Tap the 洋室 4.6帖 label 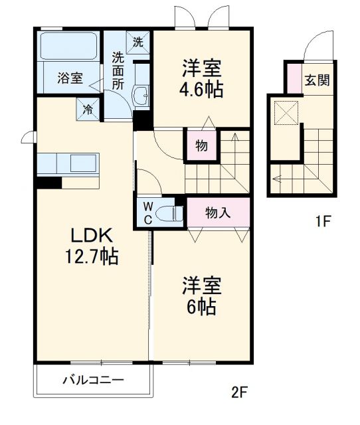(x=201, y=78)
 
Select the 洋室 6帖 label (x=202, y=297)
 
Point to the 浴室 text (x=69, y=78)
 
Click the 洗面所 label (x=118, y=70)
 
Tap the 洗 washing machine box (x=137, y=42)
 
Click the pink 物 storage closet (x=200, y=145)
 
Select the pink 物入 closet (x=218, y=212)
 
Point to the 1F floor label (x=322, y=222)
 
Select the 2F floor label (x=239, y=391)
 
